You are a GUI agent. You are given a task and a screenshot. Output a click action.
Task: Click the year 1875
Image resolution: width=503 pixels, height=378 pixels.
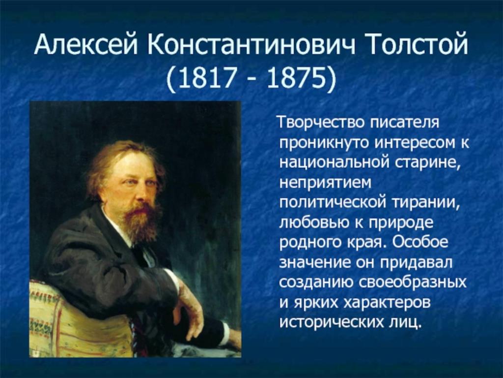click(x=294, y=78)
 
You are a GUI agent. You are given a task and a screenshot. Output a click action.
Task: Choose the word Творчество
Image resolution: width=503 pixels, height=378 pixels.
click(x=322, y=123)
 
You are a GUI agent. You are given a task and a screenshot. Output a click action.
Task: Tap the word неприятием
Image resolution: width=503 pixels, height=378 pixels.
click(x=325, y=184)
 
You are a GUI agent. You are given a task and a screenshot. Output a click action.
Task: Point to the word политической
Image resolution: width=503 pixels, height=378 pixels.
click(x=332, y=203)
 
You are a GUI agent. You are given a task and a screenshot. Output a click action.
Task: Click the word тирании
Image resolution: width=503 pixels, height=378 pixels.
click(x=424, y=204)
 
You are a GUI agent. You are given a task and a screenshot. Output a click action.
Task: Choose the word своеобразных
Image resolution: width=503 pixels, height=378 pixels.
click(x=413, y=283)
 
